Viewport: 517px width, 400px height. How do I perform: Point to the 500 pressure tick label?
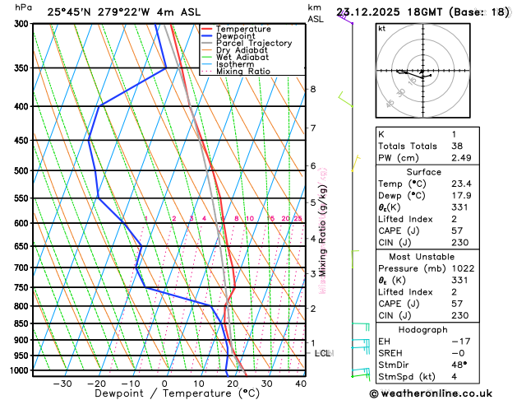point(23,171)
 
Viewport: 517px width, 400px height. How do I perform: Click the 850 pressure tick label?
point(23,323)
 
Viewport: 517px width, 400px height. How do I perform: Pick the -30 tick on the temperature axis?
point(62,384)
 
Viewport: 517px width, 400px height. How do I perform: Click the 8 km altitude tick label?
point(312,89)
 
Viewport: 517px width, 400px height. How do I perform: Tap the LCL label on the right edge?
point(322,353)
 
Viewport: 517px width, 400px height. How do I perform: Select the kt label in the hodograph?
point(381,28)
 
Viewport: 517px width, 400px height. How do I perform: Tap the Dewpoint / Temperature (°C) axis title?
point(164,394)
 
